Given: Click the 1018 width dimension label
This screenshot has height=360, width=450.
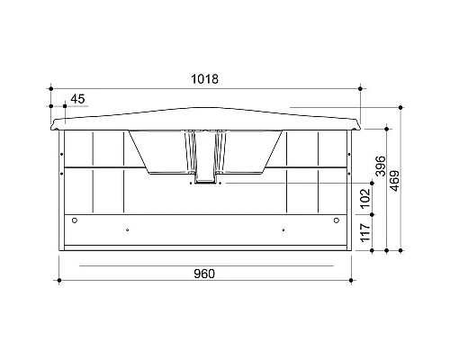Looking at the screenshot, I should tap(205, 79).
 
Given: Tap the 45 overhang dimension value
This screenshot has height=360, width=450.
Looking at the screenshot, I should tap(76, 98).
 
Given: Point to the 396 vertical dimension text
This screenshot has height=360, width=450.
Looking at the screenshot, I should tap(380, 168).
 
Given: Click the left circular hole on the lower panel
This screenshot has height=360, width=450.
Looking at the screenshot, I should tap(75, 221).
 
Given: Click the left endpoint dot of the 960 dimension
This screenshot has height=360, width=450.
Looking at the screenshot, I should tap(58, 283).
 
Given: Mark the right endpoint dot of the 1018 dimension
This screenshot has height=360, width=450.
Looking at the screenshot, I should tap(360, 88).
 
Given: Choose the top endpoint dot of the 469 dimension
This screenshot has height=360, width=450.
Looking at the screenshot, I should tap(400, 108).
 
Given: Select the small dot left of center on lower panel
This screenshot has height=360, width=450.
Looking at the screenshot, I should tap(127, 229).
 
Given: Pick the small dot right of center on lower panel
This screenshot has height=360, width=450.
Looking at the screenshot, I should tap(283, 229).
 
